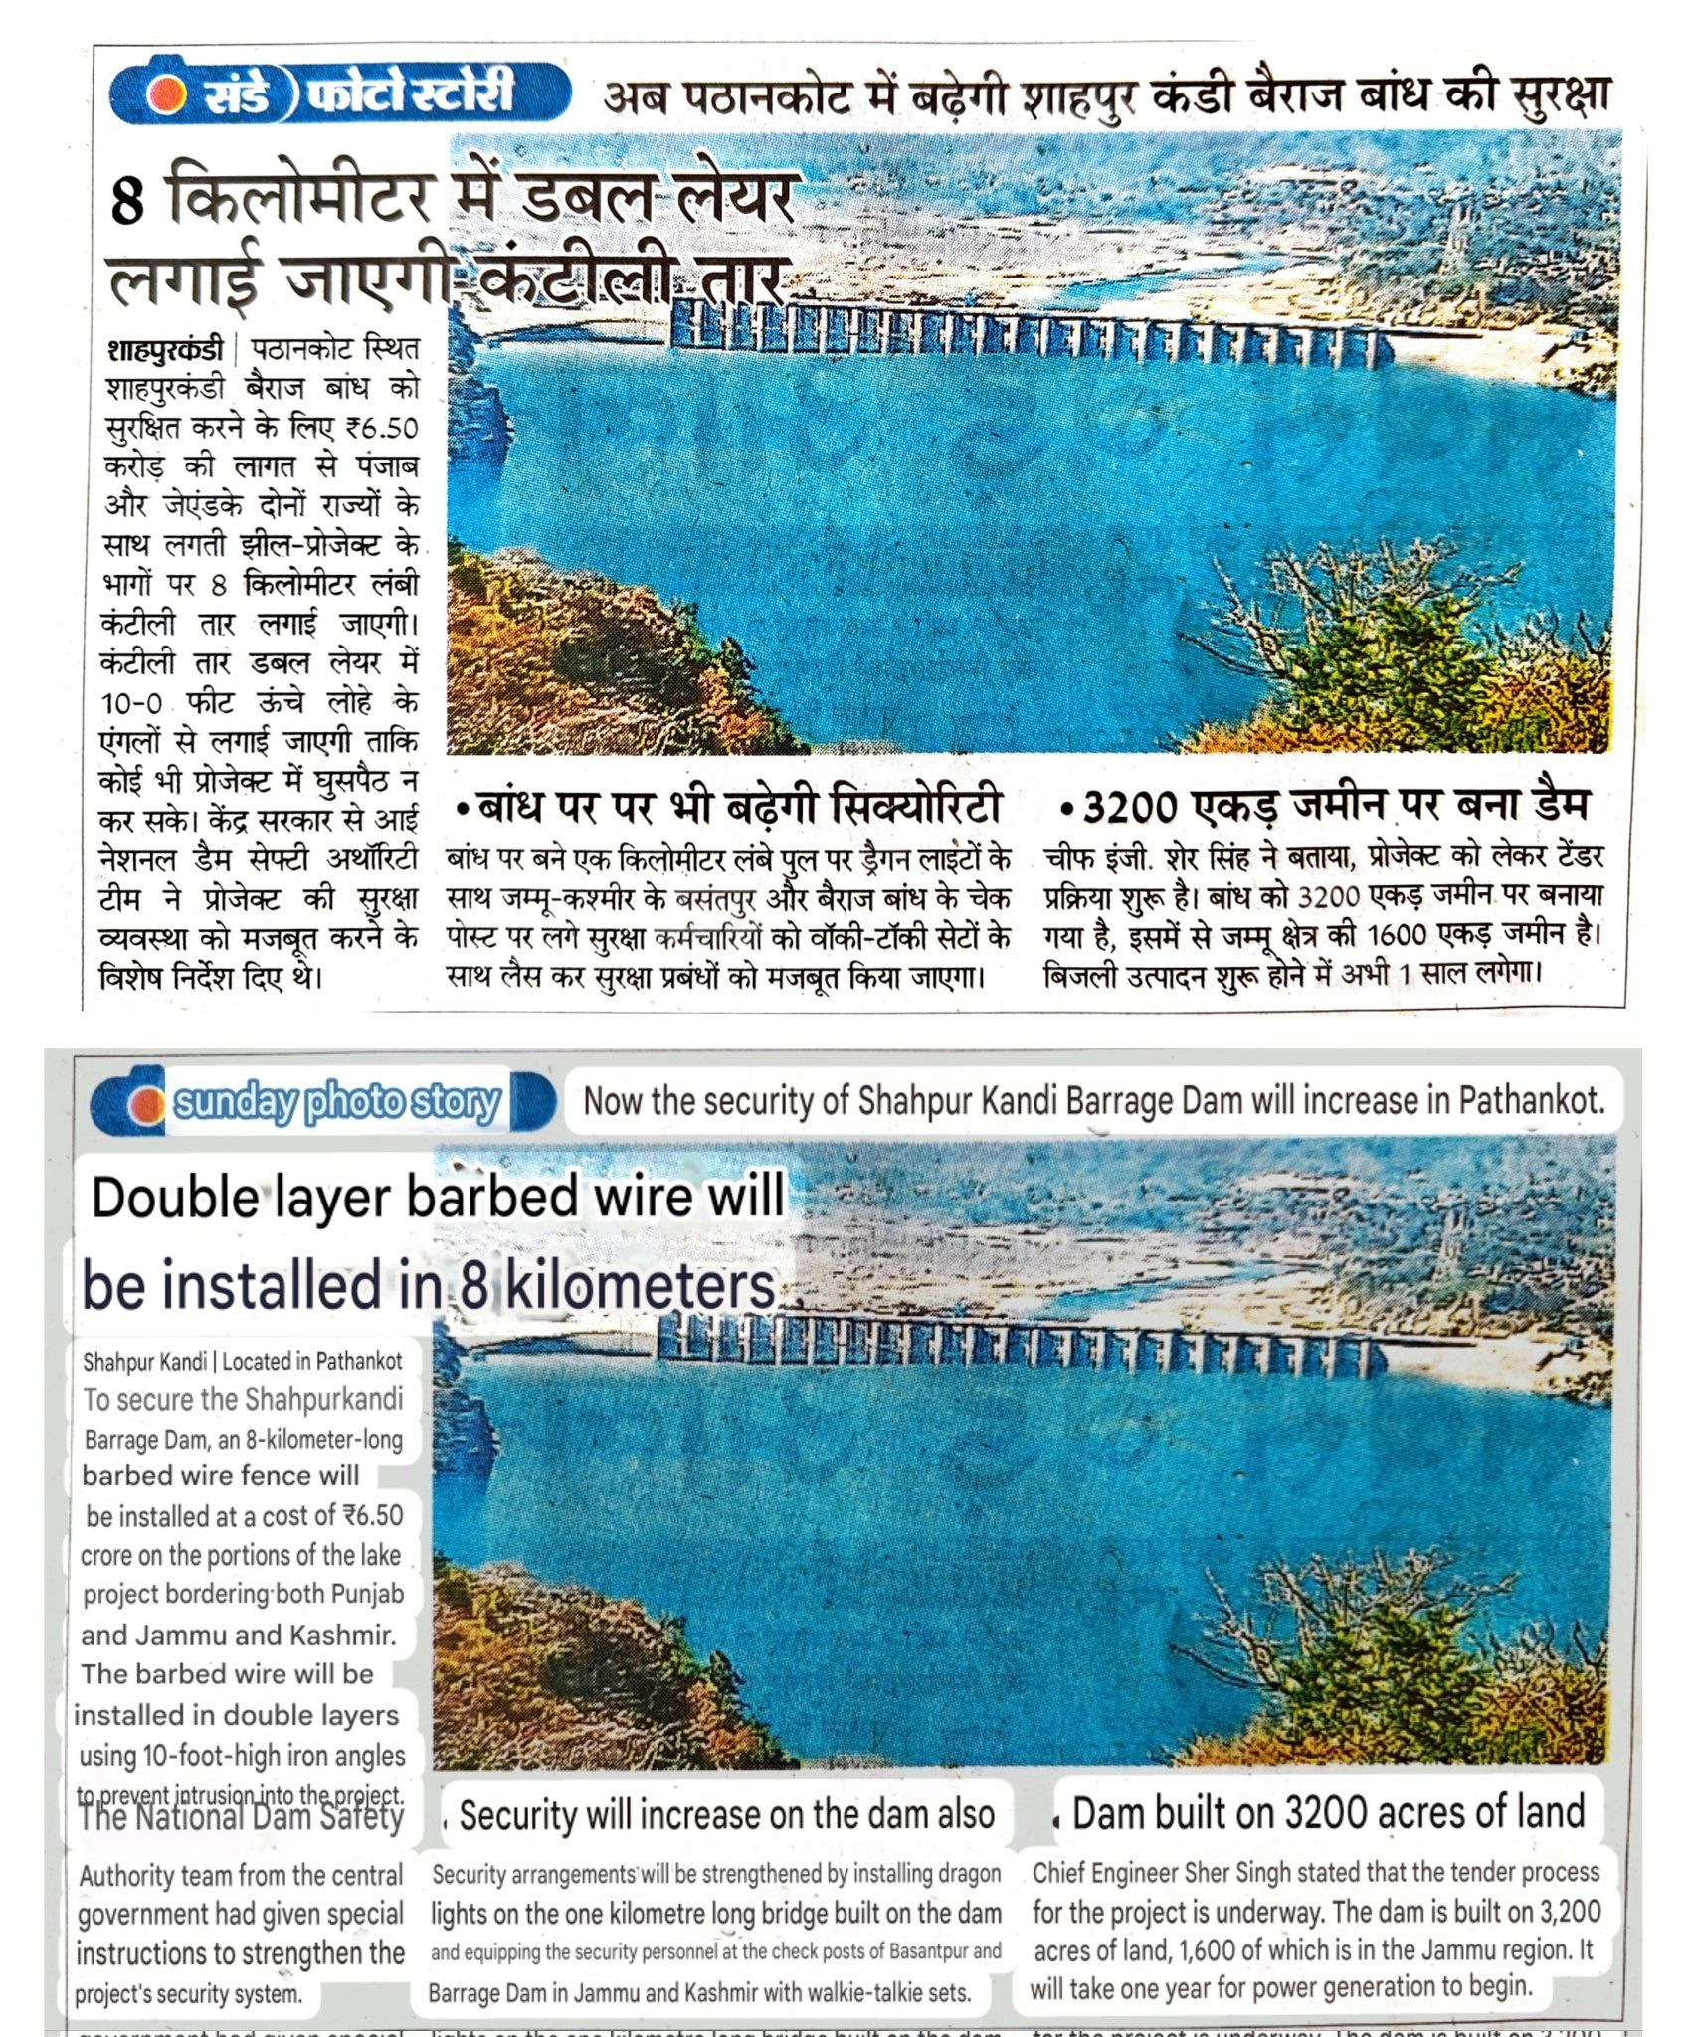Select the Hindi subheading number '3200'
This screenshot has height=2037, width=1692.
tap(1130, 807)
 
